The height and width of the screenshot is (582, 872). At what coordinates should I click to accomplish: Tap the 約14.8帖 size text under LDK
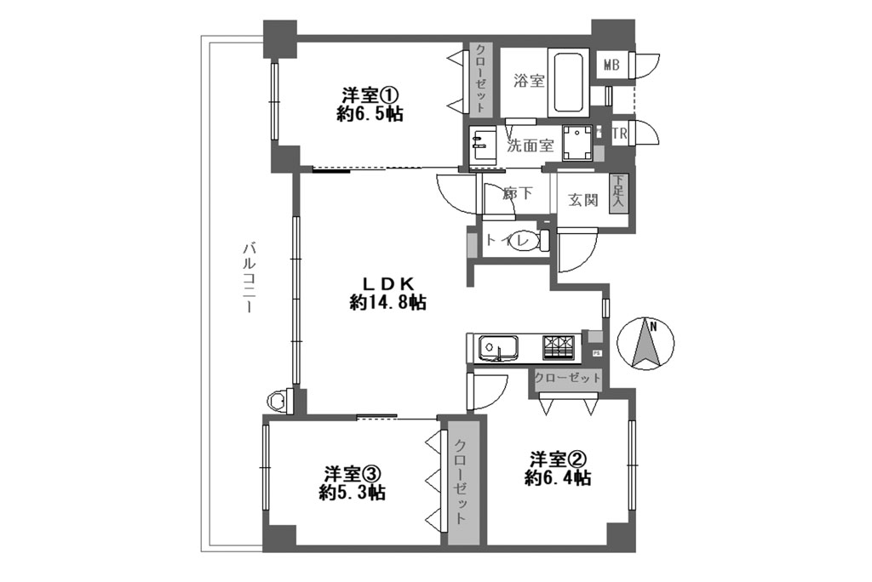[387, 302]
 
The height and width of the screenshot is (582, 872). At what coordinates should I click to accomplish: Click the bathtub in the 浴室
[568, 83]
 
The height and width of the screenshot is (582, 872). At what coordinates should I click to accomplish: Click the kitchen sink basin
[497, 349]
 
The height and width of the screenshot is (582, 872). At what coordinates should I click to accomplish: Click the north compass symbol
[645, 344]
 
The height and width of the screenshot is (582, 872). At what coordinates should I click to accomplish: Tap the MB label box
[611, 65]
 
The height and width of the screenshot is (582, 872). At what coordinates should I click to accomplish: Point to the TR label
[619, 134]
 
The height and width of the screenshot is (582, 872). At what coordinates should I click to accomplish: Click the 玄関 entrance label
[582, 200]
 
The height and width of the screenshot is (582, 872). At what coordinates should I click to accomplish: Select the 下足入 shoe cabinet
[618, 192]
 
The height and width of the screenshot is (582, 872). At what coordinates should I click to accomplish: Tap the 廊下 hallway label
[517, 193]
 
